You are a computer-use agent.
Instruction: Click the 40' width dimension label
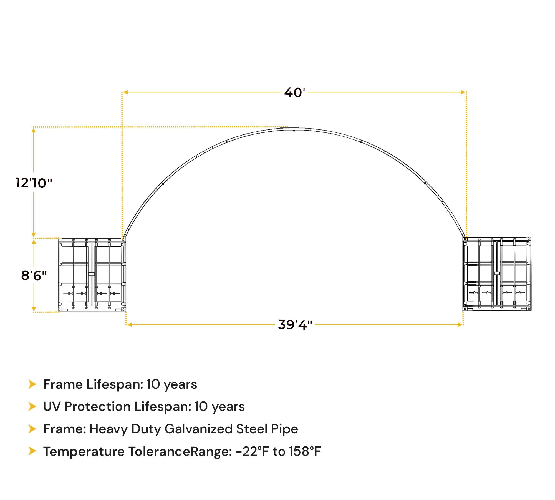click(x=294, y=92)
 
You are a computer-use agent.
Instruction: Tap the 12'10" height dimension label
click(x=34, y=183)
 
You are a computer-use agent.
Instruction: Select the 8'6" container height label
click(x=34, y=275)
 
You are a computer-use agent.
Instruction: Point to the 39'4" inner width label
click(x=295, y=324)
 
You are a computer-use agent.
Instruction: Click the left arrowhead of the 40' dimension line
click(x=125, y=92)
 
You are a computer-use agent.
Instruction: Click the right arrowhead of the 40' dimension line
click(x=463, y=92)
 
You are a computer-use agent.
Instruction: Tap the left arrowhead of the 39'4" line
click(x=129, y=324)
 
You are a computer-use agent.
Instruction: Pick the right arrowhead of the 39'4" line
click(x=460, y=324)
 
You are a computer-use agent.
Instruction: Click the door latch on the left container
click(x=91, y=274)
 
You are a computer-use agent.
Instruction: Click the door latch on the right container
click(x=497, y=273)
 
